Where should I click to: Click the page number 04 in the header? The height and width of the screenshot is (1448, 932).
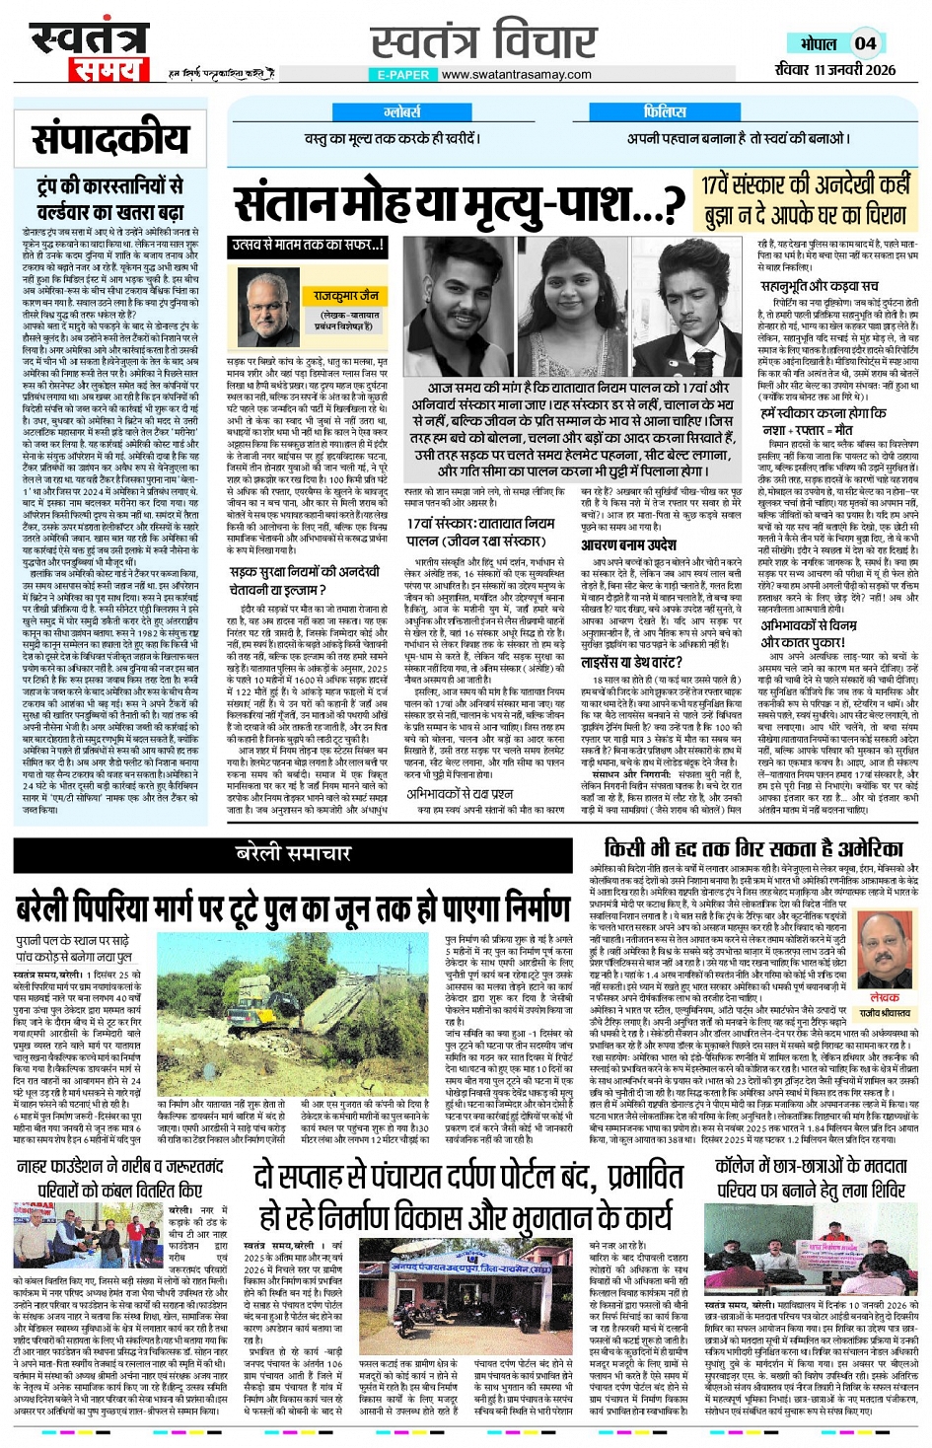[x=865, y=43]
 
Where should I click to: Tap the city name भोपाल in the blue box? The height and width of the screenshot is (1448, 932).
[x=819, y=44]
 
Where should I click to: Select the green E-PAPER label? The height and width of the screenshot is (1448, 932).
[x=402, y=75]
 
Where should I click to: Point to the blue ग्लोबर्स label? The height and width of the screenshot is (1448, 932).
[x=402, y=112]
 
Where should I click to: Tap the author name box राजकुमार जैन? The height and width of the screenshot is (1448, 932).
[x=346, y=295]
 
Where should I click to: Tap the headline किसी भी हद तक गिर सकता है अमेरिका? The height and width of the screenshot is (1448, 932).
[x=753, y=848]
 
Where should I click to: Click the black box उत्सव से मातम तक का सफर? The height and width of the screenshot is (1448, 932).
[x=308, y=246]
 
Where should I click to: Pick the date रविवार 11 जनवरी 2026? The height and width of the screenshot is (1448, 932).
[x=835, y=69]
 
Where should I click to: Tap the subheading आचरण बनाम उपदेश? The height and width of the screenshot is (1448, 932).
[x=628, y=544]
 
